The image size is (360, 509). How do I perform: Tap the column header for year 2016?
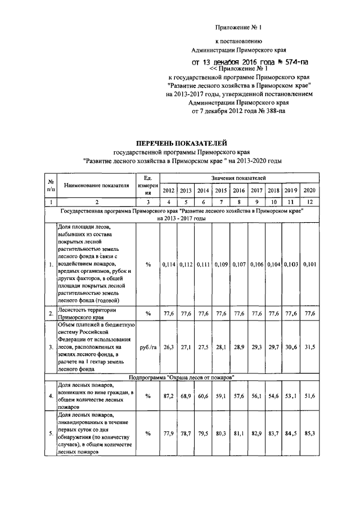point(238,190)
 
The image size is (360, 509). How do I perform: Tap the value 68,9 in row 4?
point(186,396)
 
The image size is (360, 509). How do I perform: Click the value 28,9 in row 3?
point(238,347)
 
